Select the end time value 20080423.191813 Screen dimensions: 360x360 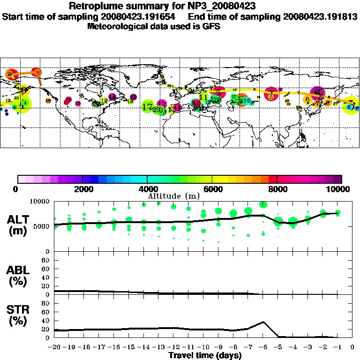click(320, 16)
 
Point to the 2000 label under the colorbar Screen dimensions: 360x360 click(82, 189)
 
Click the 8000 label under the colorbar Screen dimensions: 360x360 click(277, 189)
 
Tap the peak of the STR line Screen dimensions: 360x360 click(263, 322)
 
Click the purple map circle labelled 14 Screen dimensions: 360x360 click(112, 97)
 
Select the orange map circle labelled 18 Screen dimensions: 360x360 click(48, 101)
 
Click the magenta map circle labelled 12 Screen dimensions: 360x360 click(162, 104)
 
